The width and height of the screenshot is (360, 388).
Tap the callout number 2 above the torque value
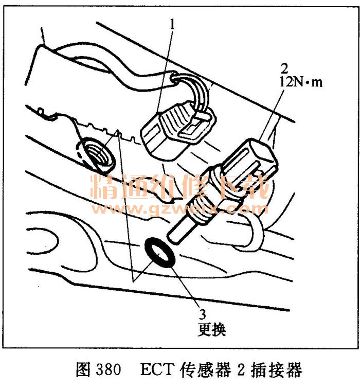tap(284, 68)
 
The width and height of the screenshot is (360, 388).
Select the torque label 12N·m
tap(301, 81)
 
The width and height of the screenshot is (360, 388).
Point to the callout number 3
tap(202, 314)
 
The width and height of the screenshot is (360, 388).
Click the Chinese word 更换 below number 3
tap(212, 329)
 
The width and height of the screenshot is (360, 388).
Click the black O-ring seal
tap(160, 252)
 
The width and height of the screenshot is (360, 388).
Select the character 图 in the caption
tap(83, 370)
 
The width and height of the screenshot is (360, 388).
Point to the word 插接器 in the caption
tap(277, 370)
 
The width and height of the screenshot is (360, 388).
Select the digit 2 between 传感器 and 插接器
tap(241, 370)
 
